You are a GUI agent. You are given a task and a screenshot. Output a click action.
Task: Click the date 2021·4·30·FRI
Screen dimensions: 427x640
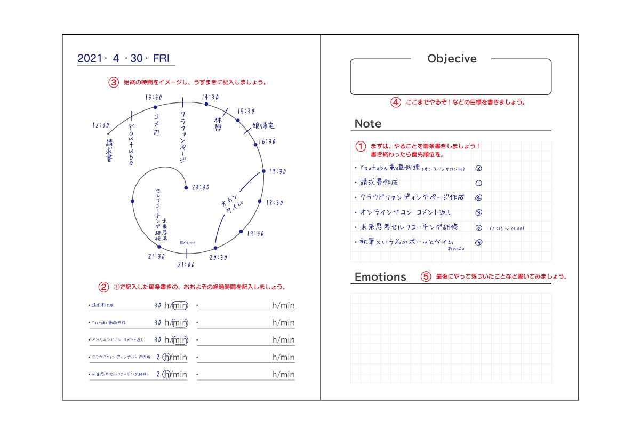click(123, 58)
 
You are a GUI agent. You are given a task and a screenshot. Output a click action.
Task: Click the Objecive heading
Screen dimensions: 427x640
click(452, 59)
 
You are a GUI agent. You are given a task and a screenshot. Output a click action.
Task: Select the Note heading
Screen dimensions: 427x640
click(368, 124)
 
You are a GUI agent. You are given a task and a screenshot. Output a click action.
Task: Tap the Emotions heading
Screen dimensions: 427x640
click(380, 277)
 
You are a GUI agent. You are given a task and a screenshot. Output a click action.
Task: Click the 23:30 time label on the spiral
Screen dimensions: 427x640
click(201, 187)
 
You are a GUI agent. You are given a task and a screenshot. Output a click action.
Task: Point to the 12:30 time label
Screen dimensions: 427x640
click(100, 125)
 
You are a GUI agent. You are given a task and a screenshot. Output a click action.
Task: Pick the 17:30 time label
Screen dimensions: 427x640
click(277, 171)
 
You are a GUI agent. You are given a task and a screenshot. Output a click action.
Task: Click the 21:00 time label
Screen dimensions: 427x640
click(186, 265)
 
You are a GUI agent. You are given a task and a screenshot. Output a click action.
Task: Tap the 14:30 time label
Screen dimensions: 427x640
click(210, 97)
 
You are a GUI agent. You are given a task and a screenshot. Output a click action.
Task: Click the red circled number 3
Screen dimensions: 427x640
click(114, 83)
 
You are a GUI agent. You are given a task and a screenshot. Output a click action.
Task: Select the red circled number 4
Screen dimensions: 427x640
click(396, 102)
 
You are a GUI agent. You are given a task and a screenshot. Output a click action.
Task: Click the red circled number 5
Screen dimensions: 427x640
click(426, 277)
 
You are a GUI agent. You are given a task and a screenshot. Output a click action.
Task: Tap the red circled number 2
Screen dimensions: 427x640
click(103, 287)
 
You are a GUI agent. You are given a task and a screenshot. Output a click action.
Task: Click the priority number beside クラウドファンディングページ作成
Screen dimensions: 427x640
click(478, 197)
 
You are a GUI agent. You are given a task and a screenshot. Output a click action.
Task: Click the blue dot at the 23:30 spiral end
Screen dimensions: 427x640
click(186, 187)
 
